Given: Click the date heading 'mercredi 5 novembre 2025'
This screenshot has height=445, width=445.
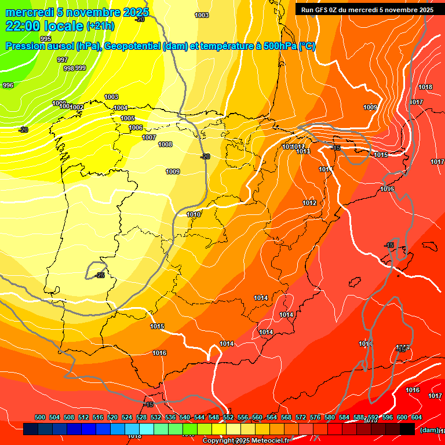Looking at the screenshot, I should [77, 12].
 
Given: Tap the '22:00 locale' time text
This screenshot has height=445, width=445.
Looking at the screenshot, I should [45, 25].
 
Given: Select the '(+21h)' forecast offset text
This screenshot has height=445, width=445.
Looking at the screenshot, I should [101, 26].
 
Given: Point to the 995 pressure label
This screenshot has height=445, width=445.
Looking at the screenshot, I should [46, 39].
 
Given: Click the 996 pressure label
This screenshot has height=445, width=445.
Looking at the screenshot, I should [8, 85].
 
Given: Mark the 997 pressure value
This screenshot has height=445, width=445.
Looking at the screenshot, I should [63, 60].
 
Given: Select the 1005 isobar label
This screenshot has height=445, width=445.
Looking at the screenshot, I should [127, 118].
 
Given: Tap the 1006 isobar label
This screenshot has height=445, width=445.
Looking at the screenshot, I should [136, 127].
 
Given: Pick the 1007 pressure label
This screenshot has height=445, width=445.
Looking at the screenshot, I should [149, 137].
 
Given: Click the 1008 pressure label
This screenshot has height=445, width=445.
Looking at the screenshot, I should [165, 144].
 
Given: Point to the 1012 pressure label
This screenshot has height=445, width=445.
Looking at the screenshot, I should [309, 203].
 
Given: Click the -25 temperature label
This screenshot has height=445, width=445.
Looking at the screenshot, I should [100, 275].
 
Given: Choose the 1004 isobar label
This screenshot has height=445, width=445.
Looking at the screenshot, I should [121, 108].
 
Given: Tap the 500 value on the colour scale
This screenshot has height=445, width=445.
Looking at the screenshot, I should [40, 417].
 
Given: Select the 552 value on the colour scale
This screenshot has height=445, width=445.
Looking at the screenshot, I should [228, 417].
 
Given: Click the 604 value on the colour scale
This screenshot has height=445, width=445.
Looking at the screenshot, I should [417, 417].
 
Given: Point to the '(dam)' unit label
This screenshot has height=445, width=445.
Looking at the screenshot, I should [429, 429].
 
